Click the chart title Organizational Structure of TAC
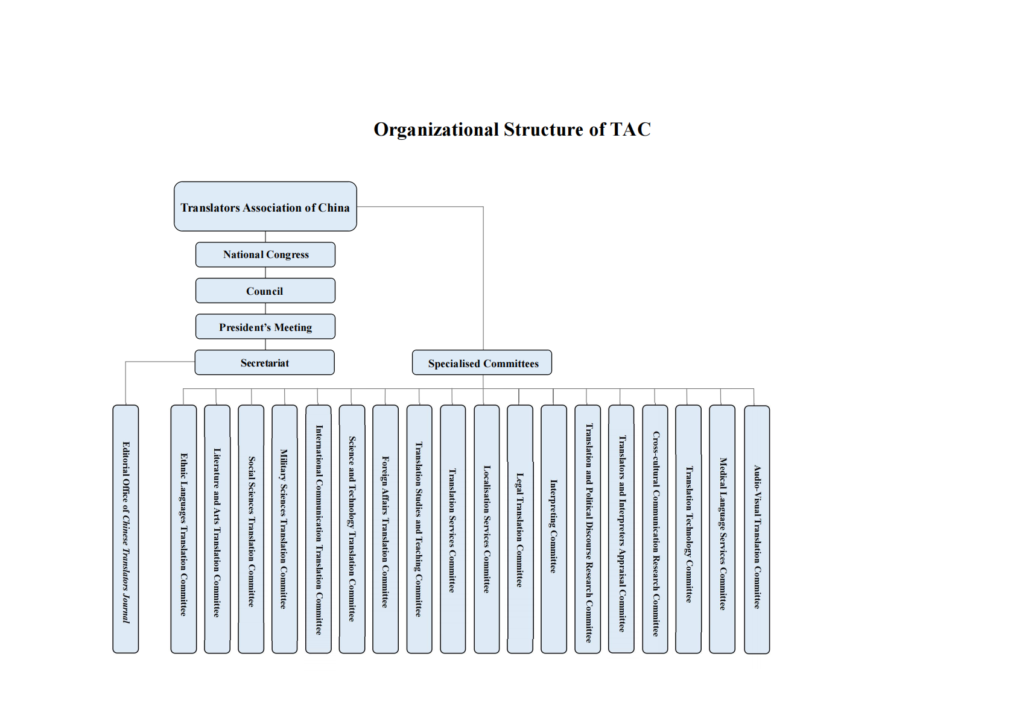512,130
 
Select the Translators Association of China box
265,207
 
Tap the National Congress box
265,254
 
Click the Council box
265,291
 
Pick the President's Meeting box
265,327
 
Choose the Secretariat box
264,363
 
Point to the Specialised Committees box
482,363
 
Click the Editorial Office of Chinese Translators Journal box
125,529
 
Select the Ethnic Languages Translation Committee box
183,529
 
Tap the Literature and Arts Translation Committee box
217,529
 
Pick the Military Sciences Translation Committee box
284,529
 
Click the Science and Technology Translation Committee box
352,529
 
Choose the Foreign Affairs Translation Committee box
386,529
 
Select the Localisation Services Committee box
486,529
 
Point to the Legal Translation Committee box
519,529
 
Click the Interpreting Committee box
553,529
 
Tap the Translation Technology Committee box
688,529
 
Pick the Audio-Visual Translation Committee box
757,530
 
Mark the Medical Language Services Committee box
722,529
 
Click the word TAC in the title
630,130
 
